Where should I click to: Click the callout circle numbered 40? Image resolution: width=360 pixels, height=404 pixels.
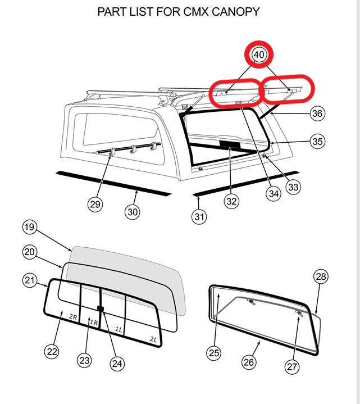[x=259, y=55]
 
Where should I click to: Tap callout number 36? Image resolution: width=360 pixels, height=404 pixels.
[x=317, y=114]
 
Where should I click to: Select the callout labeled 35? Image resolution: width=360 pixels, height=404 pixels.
[x=317, y=141]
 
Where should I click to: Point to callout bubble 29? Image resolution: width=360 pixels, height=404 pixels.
[x=95, y=205]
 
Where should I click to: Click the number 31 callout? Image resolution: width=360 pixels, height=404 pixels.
[x=199, y=217]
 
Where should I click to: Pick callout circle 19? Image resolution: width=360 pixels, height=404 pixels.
[x=30, y=227]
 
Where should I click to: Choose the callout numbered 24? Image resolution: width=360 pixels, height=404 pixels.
[x=117, y=364]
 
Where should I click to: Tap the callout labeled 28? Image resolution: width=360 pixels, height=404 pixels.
[x=321, y=276]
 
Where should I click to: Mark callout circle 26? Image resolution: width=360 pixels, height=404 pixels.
[x=249, y=362]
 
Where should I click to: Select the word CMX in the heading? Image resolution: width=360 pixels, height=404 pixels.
[x=195, y=12]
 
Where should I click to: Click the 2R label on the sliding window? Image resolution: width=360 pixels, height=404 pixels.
[x=73, y=317]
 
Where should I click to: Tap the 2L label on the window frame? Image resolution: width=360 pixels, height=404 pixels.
[x=153, y=339]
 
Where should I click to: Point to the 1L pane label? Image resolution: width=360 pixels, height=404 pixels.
[x=119, y=329]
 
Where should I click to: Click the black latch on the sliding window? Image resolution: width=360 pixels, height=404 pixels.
[x=101, y=308]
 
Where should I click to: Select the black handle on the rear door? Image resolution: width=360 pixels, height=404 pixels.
[x=230, y=145]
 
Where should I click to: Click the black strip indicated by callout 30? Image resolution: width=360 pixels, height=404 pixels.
[x=114, y=183]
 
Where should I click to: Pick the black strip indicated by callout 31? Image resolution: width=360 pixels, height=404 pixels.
[x=246, y=183]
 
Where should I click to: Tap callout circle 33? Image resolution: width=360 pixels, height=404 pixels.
[x=293, y=187]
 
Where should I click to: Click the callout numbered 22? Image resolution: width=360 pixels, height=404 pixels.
[x=52, y=351]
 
